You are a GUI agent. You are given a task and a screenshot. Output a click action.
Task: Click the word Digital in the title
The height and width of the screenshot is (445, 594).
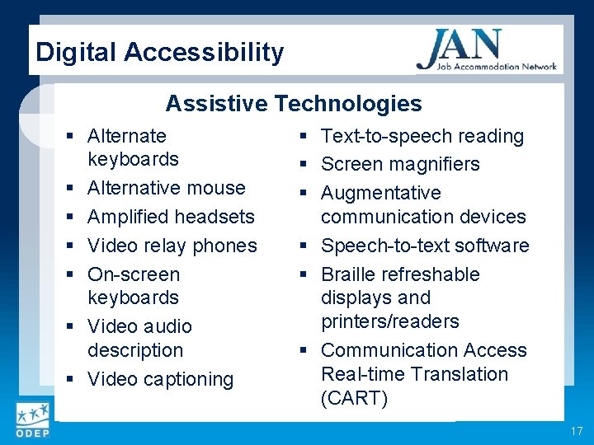tap(77, 53)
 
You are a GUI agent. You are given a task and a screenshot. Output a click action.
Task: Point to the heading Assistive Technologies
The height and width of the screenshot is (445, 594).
tap(294, 103)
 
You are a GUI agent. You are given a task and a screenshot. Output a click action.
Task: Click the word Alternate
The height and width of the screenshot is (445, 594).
tap(127, 136)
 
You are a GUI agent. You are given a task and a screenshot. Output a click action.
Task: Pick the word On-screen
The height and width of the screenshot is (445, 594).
tap(134, 274)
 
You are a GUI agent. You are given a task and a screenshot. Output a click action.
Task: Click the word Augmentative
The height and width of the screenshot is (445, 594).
tap(381, 193)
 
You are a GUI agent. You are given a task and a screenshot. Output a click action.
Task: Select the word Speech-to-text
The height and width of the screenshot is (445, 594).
tap(379, 246)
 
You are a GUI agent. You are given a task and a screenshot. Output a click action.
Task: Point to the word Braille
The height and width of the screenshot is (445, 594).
tap(350, 274)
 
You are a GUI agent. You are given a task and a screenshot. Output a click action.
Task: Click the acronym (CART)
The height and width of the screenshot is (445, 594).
tap(354, 398)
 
